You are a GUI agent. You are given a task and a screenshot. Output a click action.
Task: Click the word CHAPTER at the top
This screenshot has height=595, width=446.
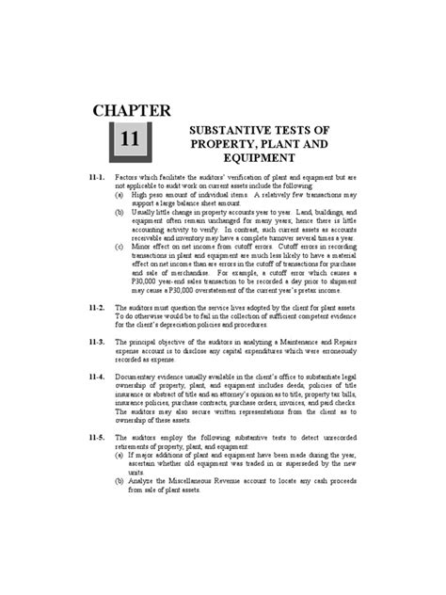coord(131,112)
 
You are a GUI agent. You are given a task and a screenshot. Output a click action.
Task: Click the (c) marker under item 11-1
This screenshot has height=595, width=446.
coord(121,245)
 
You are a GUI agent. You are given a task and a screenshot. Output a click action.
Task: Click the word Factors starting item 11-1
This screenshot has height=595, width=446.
coord(130,177)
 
